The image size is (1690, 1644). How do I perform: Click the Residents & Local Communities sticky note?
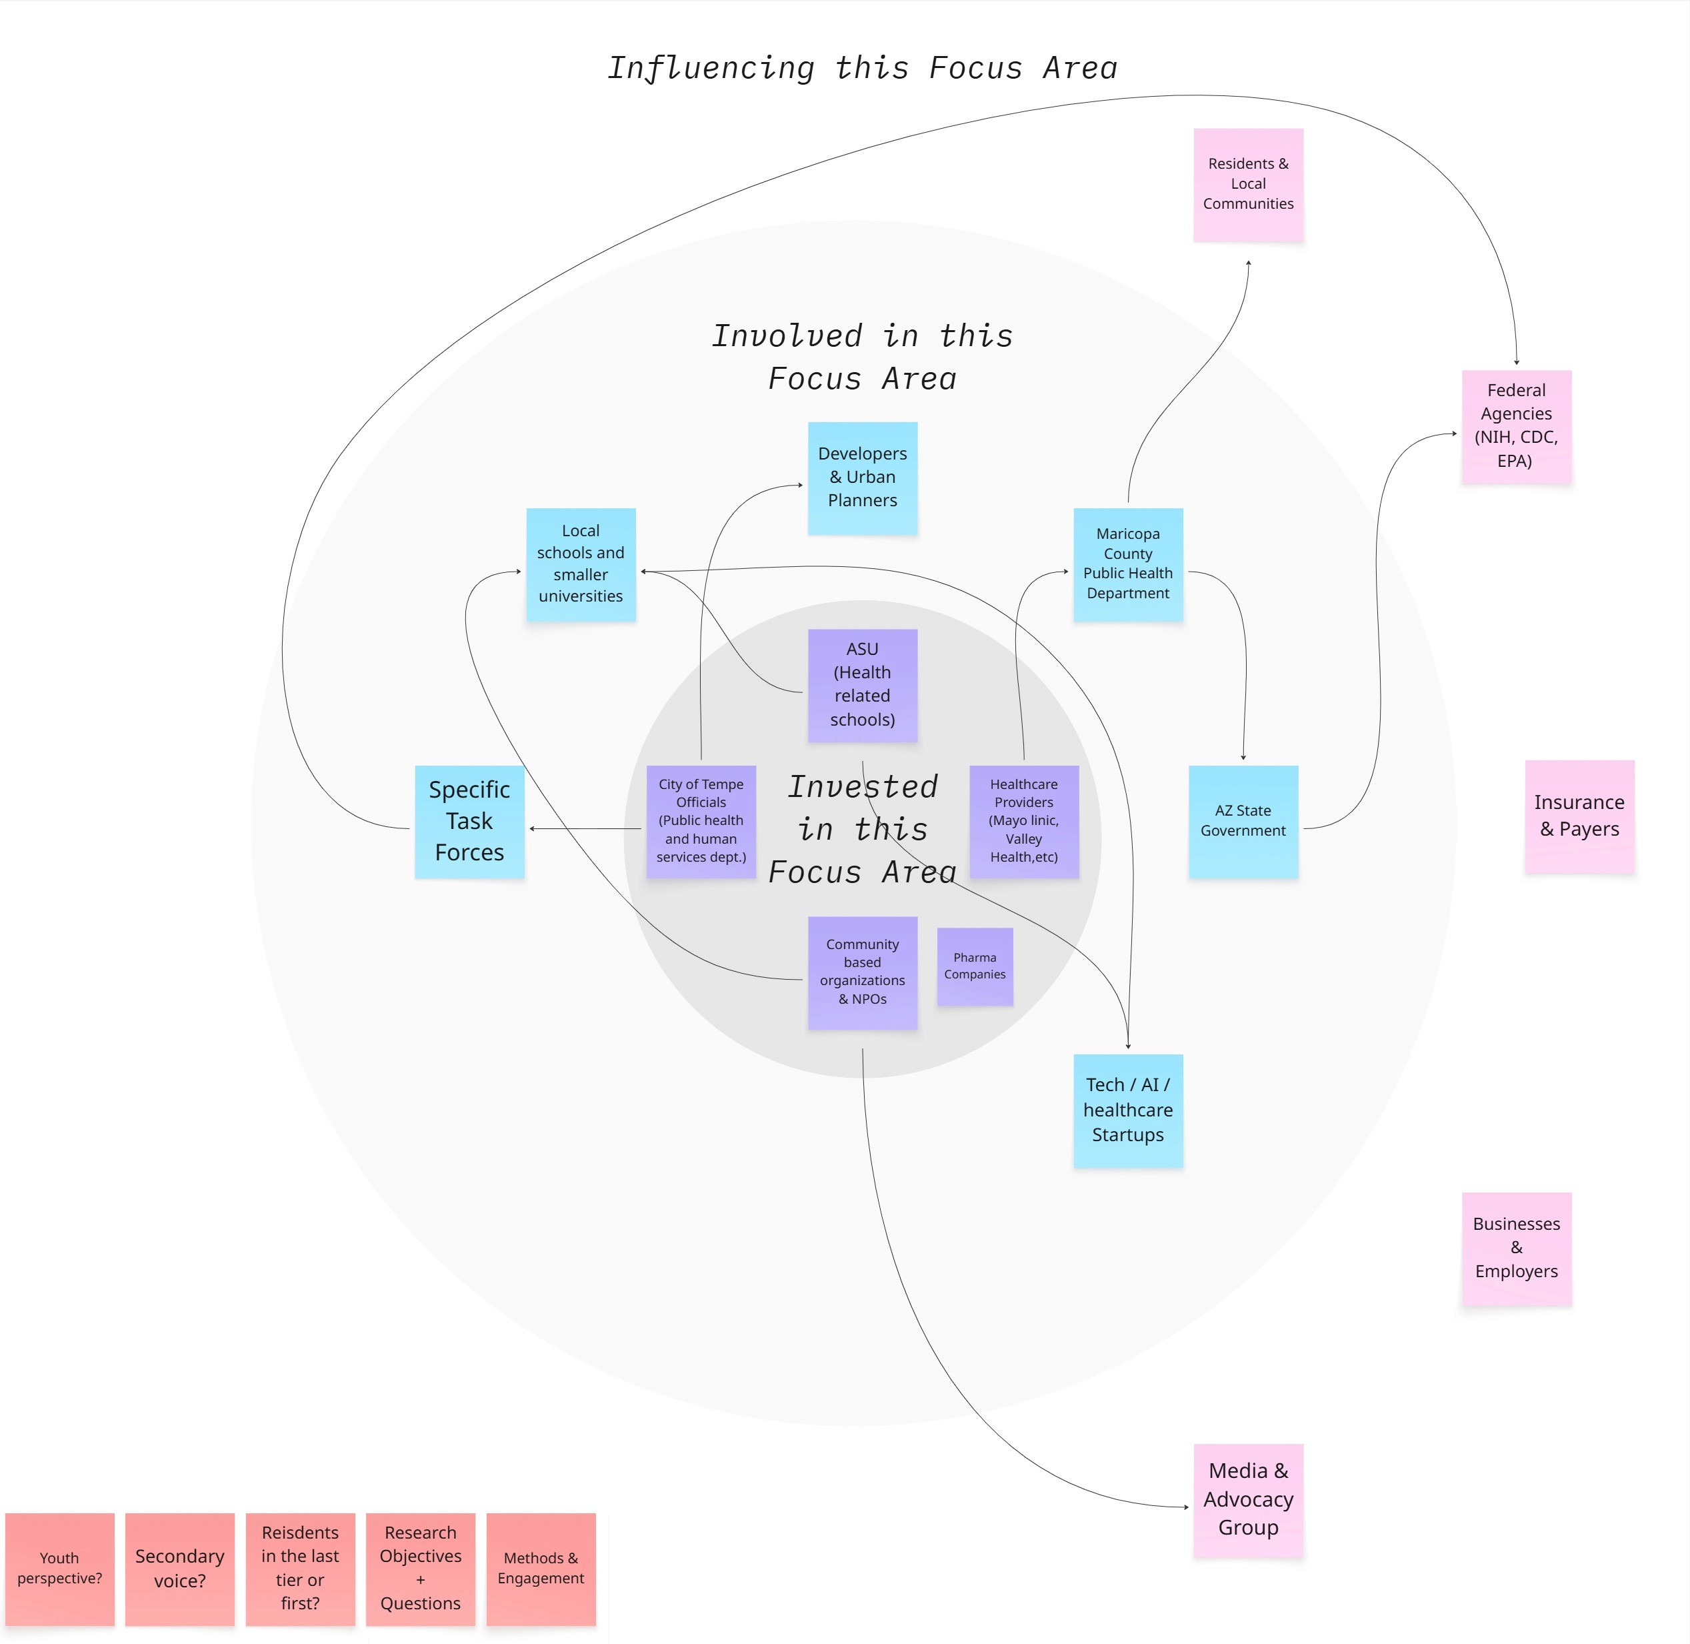(1248, 185)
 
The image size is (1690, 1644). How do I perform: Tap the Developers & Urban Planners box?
(862, 478)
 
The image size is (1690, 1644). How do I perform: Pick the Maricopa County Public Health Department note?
(1127, 564)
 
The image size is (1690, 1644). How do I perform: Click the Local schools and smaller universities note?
(581, 564)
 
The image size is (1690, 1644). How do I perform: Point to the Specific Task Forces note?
(469, 821)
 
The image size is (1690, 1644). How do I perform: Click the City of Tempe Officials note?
(701, 821)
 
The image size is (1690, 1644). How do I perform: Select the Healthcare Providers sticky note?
(1024, 821)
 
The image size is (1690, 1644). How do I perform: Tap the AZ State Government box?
(1243, 821)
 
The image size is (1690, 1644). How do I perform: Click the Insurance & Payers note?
(1579, 816)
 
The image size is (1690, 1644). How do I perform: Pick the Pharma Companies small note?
(975, 966)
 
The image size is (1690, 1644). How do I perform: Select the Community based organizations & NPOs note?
(862, 972)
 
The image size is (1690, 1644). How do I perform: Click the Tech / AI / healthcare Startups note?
(1127, 1110)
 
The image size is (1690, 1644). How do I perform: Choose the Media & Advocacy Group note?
(1248, 1500)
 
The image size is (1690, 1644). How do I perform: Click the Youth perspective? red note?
(59, 1569)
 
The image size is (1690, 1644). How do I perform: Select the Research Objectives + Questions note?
(421, 1569)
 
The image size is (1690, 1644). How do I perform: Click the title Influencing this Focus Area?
(862, 68)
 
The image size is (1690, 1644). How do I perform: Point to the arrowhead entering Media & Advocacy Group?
(1186, 1507)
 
